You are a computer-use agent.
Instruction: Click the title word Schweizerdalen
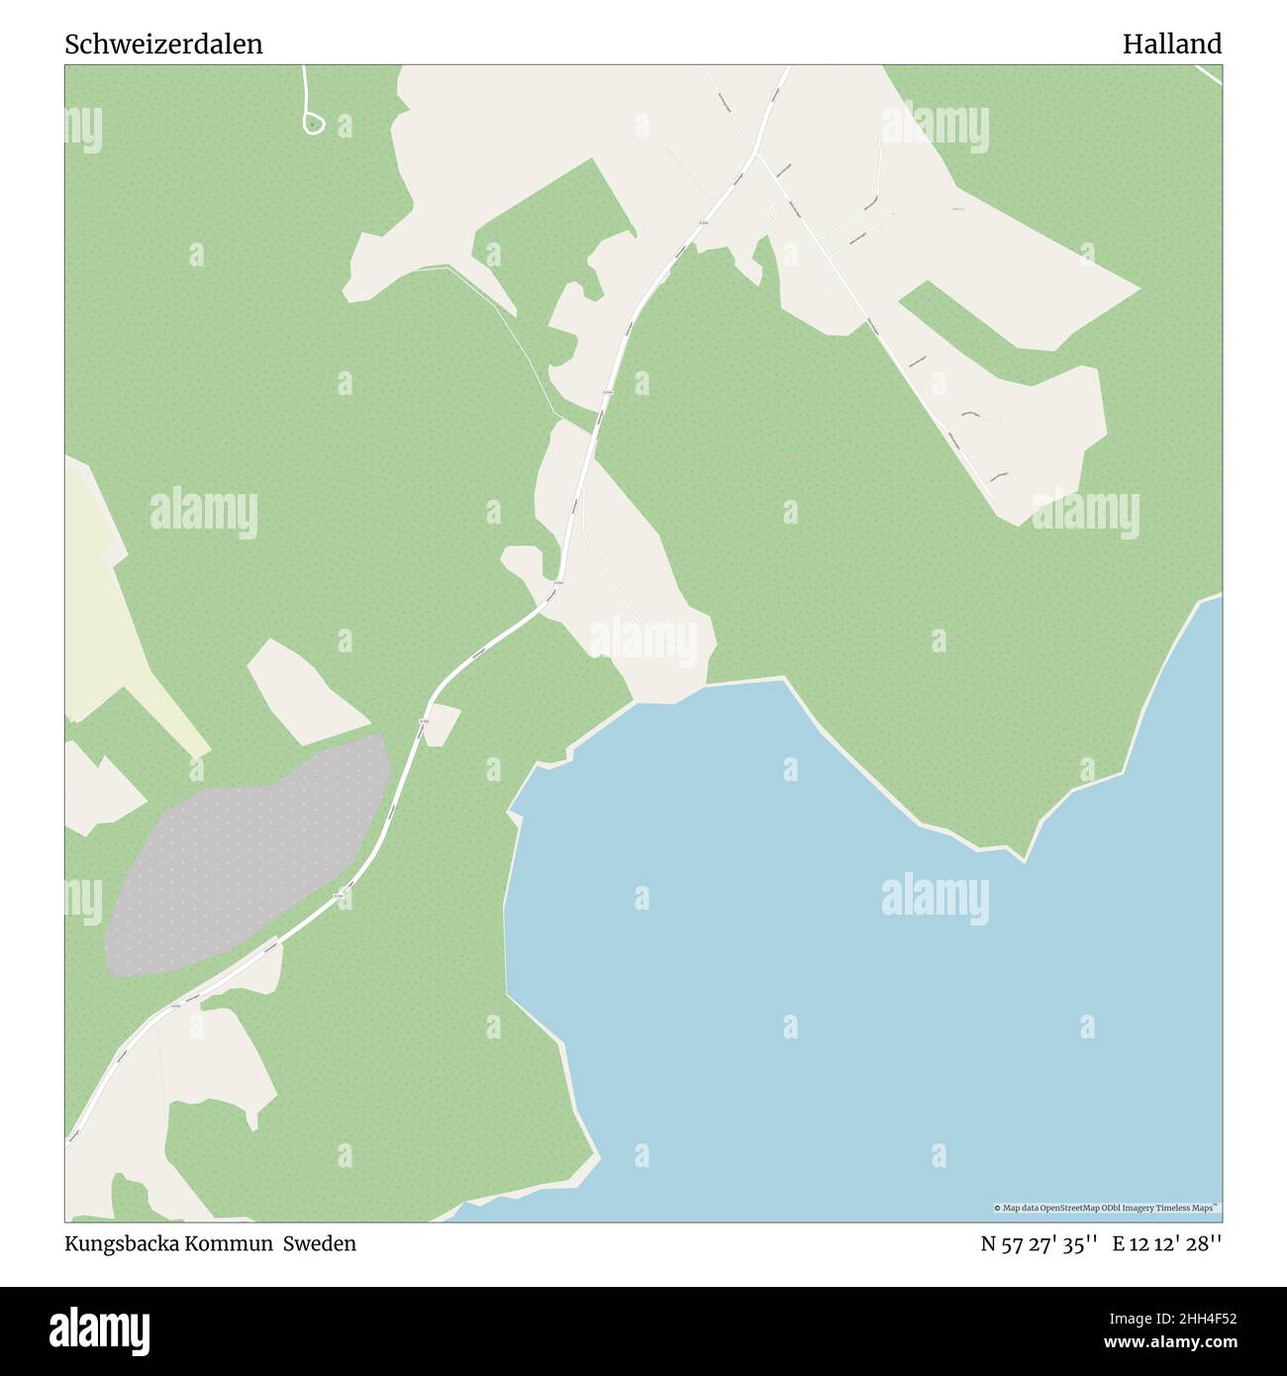click(164, 45)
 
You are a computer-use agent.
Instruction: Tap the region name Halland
click(1171, 45)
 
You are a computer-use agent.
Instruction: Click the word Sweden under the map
click(320, 1243)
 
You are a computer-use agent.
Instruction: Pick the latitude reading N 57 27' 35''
click(1039, 1243)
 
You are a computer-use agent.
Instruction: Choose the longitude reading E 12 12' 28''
click(1167, 1243)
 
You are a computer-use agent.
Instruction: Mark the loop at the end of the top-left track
click(313, 123)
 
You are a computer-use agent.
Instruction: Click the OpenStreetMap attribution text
click(1106, 1208)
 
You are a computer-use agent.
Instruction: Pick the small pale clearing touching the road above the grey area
click(442, 723)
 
